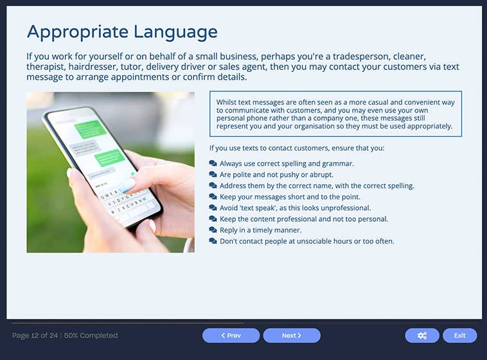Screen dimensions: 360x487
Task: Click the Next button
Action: point(292,336)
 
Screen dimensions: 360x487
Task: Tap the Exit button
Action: point(459,336)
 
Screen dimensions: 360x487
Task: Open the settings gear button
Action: point(422,336)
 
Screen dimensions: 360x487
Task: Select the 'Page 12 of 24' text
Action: point(35,336)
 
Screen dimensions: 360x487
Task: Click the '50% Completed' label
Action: point(91,336)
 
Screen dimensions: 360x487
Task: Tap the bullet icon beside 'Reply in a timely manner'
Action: point(213,230)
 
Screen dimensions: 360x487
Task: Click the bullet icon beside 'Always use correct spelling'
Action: point(213,164)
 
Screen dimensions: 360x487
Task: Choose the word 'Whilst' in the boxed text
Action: point(227,102)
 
